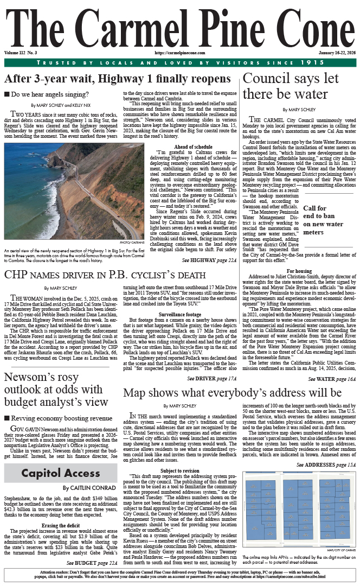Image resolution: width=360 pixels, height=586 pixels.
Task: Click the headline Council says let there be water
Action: click(298, 86)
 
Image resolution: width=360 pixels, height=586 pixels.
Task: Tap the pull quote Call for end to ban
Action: click(323, 220)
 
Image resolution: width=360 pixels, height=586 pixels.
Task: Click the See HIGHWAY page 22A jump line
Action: click(209, 260)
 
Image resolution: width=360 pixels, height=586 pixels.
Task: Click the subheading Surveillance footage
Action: click(181, 314)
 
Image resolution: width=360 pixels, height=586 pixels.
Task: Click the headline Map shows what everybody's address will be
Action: click(233, 378)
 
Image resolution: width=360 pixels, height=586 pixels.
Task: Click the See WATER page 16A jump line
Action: click(332, 363)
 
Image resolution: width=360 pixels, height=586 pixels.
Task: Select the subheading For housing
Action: click(299, 270)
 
